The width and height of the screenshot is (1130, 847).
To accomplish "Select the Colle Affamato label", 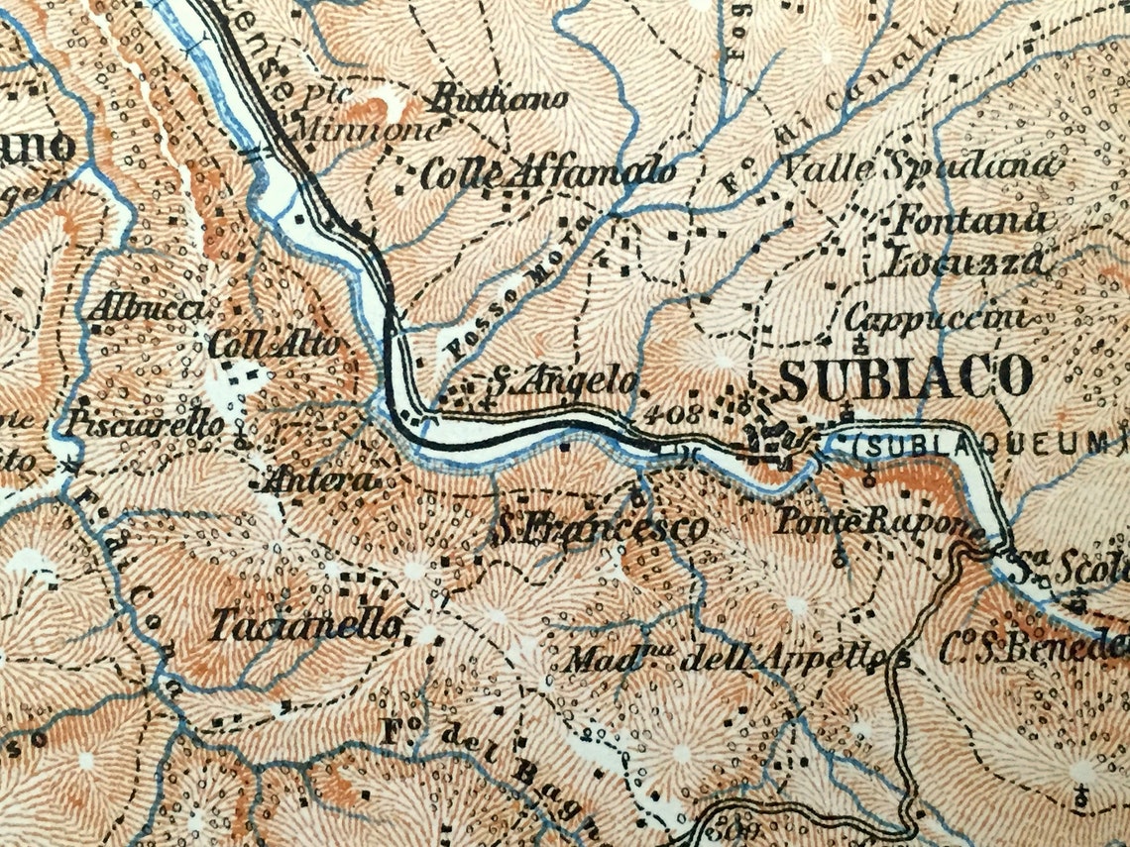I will (x=548, y=174).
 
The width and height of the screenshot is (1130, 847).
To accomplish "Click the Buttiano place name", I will (x=499, y=98).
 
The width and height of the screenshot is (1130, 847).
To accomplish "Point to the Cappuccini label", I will (x=934, y=318).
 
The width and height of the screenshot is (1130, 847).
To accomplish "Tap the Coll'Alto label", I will (x=275, y=346).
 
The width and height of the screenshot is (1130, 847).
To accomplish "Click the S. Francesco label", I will (x=600, y=527).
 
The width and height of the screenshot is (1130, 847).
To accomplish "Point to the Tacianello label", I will (x=306, y=625).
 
